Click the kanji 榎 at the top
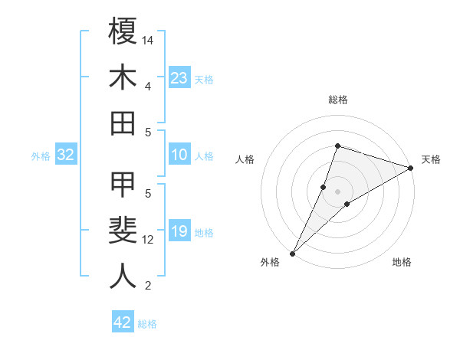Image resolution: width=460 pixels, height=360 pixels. point(123,32)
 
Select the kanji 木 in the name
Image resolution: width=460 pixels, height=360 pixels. point(123,78)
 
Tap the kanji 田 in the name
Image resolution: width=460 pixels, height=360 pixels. point(123,123)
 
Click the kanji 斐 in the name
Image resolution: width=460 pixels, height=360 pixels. point(123,231)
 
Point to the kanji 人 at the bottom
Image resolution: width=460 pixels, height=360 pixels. point(123,277)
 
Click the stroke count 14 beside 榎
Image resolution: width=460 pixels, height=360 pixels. point(148,39)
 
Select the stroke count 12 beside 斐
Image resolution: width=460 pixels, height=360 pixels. point(148,240)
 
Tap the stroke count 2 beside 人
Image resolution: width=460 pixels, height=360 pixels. point(148,286)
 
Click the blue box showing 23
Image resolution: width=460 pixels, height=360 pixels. point(179,78)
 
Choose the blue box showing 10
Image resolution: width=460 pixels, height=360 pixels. point(179,155)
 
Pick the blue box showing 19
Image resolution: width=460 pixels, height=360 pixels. point(179,231)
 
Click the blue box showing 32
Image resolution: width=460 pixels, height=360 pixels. point(65,155)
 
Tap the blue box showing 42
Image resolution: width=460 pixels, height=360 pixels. point(122,322)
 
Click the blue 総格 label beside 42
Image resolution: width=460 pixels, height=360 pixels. point(147,324)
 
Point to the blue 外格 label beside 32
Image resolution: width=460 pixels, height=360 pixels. point(41,156)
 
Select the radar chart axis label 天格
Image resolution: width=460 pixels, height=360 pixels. point(431,159)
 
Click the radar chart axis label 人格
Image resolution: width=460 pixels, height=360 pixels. point(245,159)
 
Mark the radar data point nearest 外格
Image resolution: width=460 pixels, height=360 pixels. point(292,253)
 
